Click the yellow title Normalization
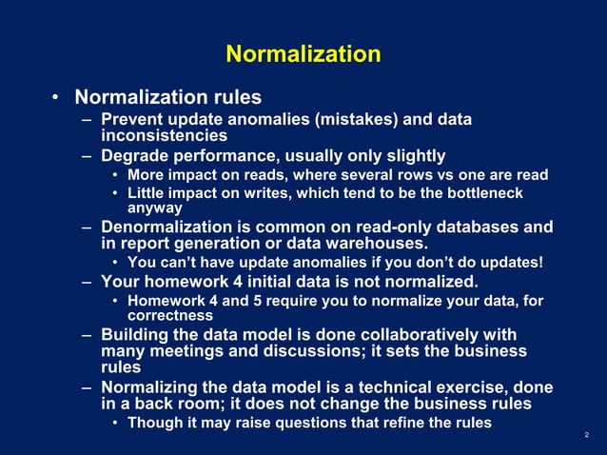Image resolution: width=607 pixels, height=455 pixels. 303,53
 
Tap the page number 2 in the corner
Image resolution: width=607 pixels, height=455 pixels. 587,435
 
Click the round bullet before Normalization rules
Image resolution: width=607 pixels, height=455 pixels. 56,98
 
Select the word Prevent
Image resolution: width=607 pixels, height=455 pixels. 132,120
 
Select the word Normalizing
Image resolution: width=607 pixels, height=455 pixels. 152,386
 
